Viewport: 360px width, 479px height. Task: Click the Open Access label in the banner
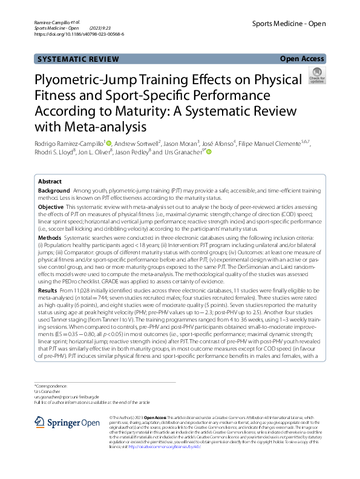pyautogui.click(x=301, y=59)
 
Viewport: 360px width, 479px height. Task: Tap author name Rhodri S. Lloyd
pyautogui.click(x=54, y=152)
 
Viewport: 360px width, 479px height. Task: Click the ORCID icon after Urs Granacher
pyautogui.click(x=209, y=152)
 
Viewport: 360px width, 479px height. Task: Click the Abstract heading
pyautogui.click(x=50, y=182)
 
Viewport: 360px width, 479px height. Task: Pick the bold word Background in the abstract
pyautogui.click(x=54, y=191)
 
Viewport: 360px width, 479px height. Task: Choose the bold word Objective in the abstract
pyautogui.click(x=51, y=207)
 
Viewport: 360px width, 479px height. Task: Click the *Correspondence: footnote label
pyautogui.click(x=52, y=386)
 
